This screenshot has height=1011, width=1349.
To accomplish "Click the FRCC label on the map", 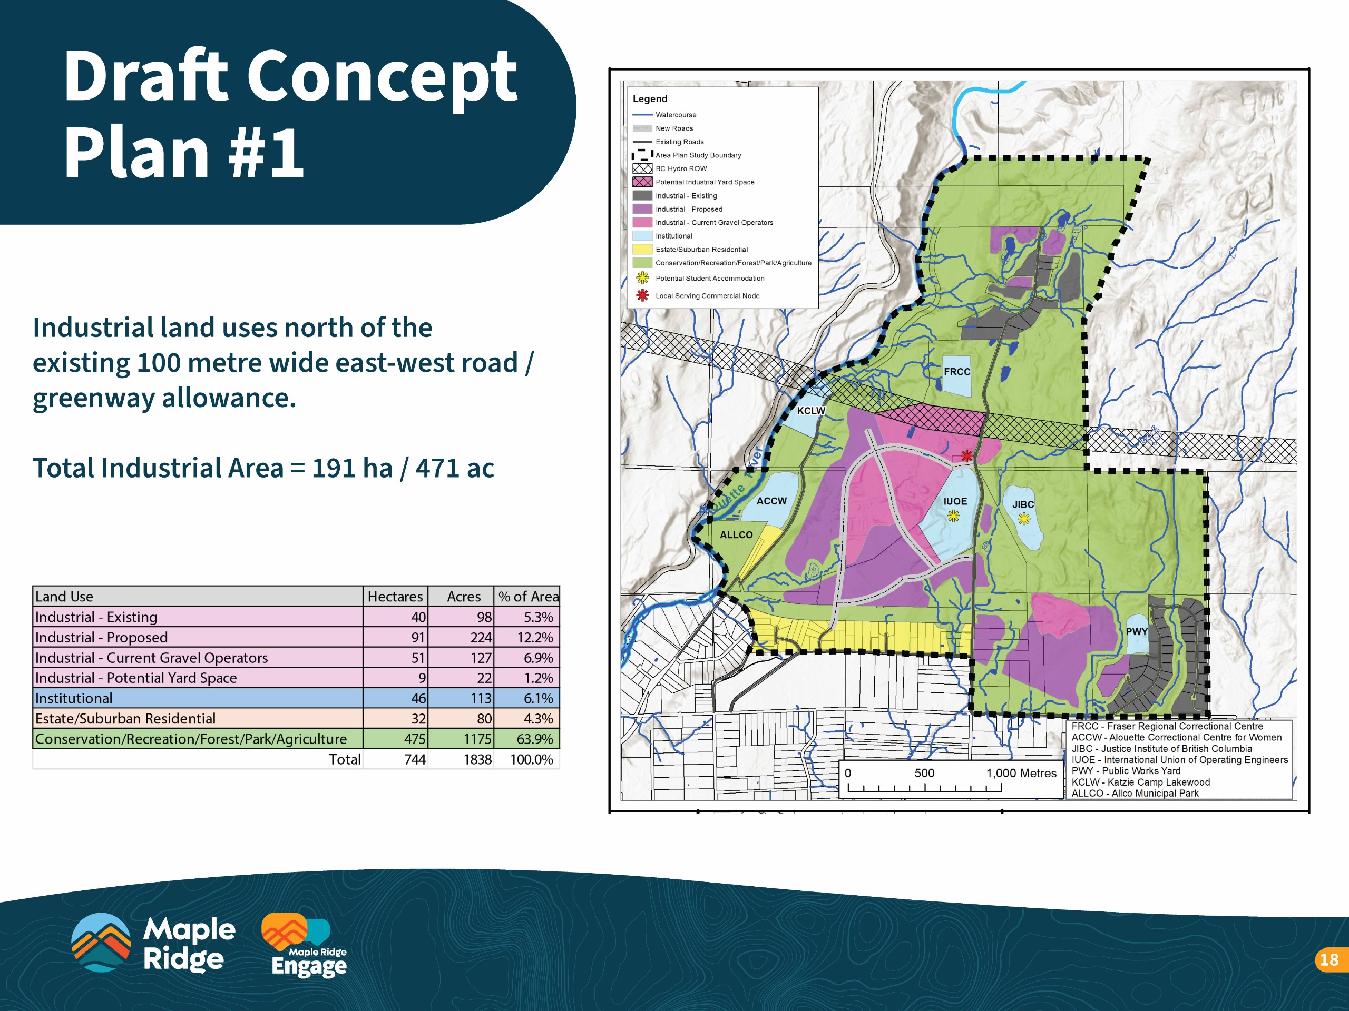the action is click(x=957, y=372).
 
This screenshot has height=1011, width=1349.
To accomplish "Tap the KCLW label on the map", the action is click(x=810, y=411).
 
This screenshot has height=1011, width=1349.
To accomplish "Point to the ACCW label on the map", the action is click(x=771, y=501).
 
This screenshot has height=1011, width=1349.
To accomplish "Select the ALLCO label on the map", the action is click(x=736, y=534).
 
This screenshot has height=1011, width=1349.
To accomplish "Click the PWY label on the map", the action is click(x=1137, y=631).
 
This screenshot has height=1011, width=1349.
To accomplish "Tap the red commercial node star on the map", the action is click(x=966, y=455).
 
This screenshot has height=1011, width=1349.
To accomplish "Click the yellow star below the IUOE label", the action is click(x=953, y=516).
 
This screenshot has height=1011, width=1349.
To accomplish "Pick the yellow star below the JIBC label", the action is click(x=1024, y=519).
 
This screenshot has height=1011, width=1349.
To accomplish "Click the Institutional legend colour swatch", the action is click(x=642, y=236).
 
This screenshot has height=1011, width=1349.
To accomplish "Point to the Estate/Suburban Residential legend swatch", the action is click(x=642, y=249).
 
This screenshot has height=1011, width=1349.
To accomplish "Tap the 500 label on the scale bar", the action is click(x=924, y=772).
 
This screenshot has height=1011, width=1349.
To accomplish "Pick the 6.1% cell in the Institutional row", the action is click(x=527, y=698).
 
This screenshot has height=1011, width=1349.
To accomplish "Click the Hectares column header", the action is click(x=395, y=597).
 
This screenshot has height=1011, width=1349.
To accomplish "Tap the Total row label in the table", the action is click(x=345, y=759).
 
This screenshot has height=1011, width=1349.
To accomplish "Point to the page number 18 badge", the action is click(x=1329, y=960).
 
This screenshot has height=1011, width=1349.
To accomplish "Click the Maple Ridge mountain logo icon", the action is click(x=101, y=942).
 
